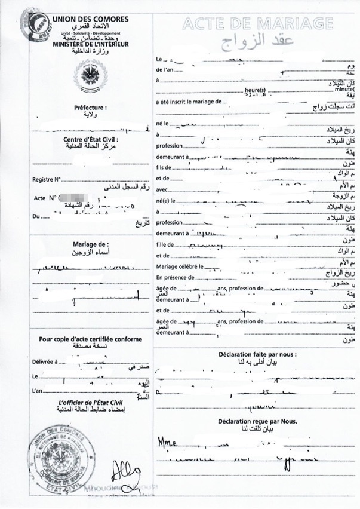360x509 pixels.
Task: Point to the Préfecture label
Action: pos(90,108)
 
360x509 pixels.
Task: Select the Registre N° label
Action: pos(47,179)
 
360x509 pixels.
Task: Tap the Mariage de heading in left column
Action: pos(90,244)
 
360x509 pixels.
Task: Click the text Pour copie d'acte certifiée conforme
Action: pos(91,339)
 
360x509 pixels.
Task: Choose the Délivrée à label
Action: pos(45,361)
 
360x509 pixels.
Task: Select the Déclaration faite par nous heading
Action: pos(257,354)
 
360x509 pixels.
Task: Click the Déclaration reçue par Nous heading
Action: pos(257,421)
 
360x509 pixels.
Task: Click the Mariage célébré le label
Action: pos(180,266)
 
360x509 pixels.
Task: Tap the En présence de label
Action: pos(176,277)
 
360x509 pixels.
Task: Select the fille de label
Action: pos(166,244)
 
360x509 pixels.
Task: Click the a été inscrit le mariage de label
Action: pos(189,102)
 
